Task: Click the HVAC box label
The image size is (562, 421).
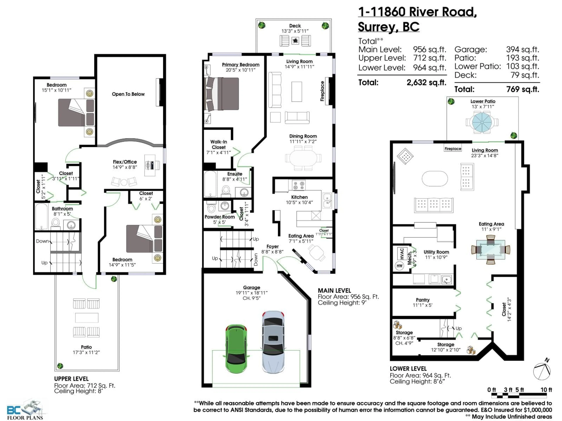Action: coord(402,253)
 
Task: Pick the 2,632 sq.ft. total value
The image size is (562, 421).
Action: coord(426,82)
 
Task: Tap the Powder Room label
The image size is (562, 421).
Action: coord(220,217)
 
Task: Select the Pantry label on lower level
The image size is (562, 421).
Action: coord(423,300)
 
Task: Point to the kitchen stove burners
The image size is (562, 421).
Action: coord(299,185)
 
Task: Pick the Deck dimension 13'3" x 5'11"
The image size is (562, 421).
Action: coord(295,31)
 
